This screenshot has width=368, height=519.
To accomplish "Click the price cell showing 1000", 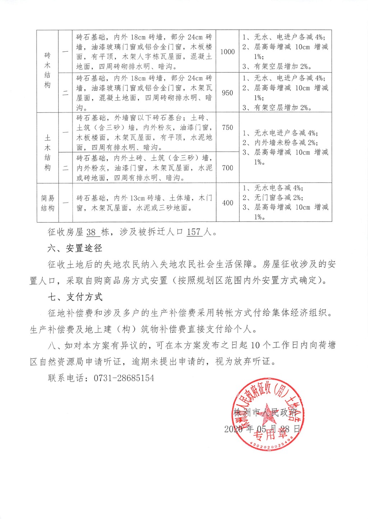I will (227, 52).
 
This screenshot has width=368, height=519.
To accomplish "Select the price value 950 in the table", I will (227, 93).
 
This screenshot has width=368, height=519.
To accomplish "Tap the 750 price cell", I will (227, 127).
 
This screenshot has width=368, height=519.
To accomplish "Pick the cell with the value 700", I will (227, 168).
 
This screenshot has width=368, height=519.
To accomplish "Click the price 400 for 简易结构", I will (227, 203).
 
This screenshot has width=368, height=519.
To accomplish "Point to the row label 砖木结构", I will (47, 70).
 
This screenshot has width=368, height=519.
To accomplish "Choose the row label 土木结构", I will (47, 153).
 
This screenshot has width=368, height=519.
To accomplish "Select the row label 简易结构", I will (47, 203).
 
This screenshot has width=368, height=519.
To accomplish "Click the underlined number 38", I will (91, 232).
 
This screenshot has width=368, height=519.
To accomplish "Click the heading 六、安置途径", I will (75, 248).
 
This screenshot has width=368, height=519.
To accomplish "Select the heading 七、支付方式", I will (75, 297).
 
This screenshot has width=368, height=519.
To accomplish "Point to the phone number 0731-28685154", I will (124, 378).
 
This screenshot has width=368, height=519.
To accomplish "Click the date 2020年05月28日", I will (262, 429).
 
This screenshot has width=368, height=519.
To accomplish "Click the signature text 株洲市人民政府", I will (266, 412).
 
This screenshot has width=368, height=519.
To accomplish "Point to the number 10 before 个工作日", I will (255, 345).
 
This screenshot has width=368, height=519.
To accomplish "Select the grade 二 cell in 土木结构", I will (65, 168).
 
